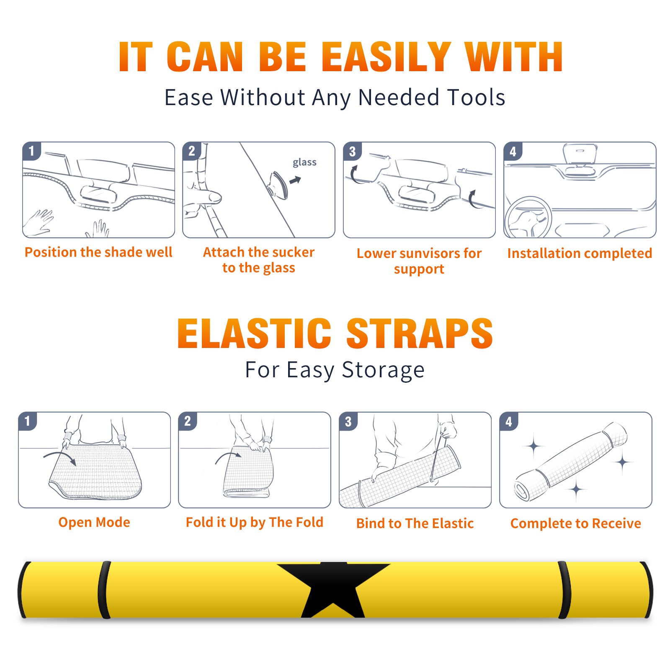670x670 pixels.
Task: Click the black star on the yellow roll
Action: pyautogui.click(x=333, y=588)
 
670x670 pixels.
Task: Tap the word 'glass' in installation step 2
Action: pyautogui.click(x=304, y=162)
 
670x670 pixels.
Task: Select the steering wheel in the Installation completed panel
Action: pyautogui.click(x=528, y=218)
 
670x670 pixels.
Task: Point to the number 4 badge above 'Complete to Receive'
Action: pyautogui.click(x=509, y=421)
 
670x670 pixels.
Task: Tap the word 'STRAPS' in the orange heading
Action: pyautogui.click(x=420, y=333)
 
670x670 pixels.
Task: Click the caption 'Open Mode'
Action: pyautogui.click(x=94, y=522)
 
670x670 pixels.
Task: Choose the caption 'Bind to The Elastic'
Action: pyautogui.click(x=415, y=523)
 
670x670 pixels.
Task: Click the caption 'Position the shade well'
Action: pyautogui.click(x=98, y=252)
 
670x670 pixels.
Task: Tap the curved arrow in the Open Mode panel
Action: pyautogui.click(x=60, y=457)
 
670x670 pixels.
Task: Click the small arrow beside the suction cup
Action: pyautogui.click(x=295, y=180)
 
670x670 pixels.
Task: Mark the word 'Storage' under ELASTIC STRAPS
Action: pyautogui.click(x=383, y=370)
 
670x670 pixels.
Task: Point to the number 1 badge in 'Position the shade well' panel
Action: pyautogui.click(x=31, y=151)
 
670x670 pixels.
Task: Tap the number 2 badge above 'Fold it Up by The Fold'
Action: pyautogui.click(x=188, y=421)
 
